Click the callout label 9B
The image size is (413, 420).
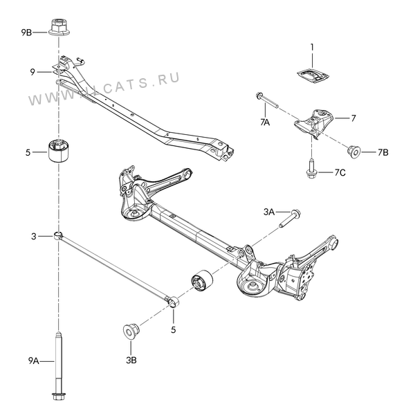click(26, 33)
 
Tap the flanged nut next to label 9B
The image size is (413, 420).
click(59, 27)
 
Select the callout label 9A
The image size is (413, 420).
click(34, 361)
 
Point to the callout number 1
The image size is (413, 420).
click(312, 47)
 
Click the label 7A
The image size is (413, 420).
click(265, 122)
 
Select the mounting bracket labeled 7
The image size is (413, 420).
click(314, 123)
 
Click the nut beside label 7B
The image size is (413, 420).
click(354, 152)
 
